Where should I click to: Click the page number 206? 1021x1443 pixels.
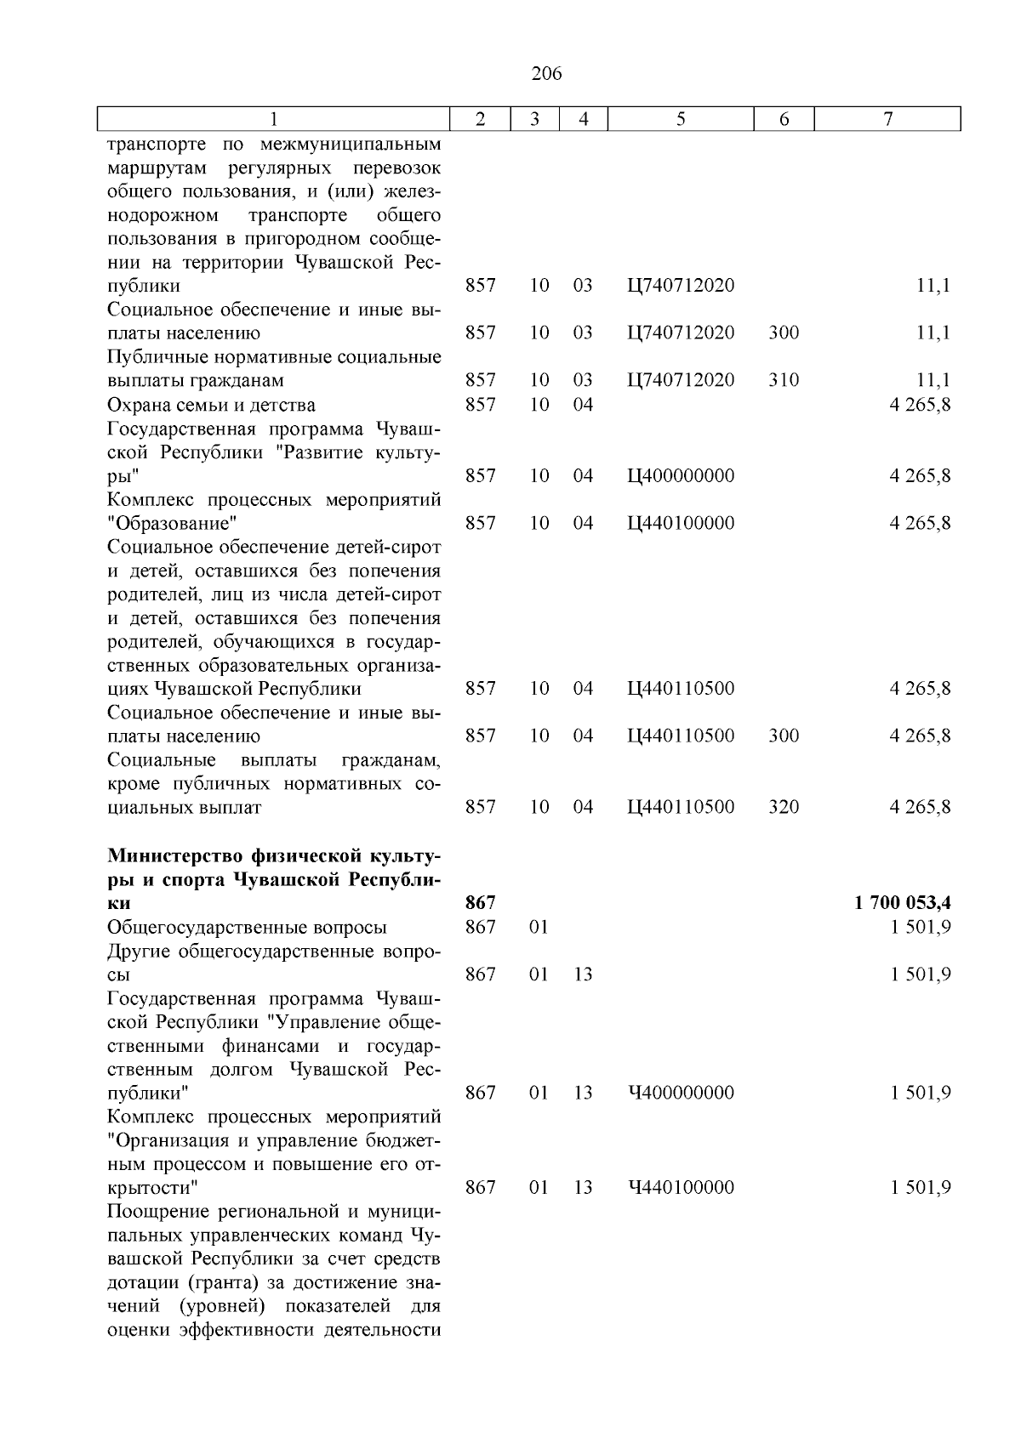coord(546,74)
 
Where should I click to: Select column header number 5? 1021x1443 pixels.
coord(682,120)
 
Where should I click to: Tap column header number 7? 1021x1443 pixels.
coord(887,120)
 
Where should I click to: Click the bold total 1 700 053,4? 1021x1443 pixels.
coord(902,902)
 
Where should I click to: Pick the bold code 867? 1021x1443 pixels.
coord(481,902)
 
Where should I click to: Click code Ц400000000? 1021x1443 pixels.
coord(681,475)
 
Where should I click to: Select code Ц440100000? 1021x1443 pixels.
coord(681,523)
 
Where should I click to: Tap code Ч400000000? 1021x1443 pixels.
coord(681,1093)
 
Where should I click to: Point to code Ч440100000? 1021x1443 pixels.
coord(681,1188)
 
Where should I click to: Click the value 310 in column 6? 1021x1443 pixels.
coord(784,380)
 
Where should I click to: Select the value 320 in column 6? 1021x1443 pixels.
coord(784,807)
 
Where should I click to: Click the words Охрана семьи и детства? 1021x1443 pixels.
coord(211,405)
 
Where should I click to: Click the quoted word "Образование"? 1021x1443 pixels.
coord(172,523)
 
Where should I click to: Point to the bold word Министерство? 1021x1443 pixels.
coord(175,855)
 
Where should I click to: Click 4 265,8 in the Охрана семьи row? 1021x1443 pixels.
coord(920,405)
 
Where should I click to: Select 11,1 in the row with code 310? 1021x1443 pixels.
coord(933,380)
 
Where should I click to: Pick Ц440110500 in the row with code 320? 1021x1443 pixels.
coord(681,807)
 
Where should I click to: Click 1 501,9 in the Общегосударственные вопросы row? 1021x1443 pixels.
coord(921,927)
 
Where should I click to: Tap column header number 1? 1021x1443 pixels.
coord(273,120)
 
